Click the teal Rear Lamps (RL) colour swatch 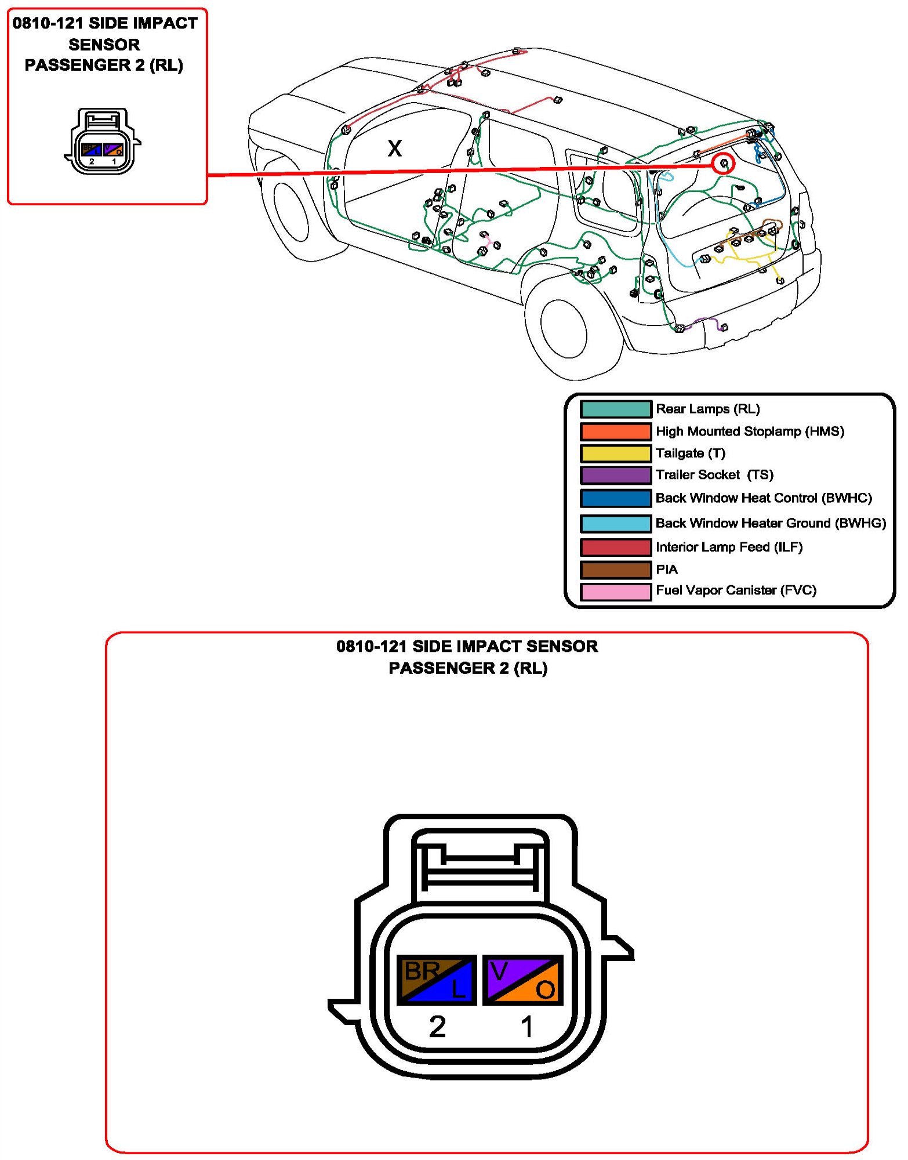pyautogui.click(x=616, y=409)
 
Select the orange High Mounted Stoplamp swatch pyautogui.click(x=616, y=432)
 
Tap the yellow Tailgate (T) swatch pyautogui.click(x=616, y=453)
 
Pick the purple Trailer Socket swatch pyautogui.click(x=616, y=475)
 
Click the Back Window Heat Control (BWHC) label pyautogui.click(x=764, y=498)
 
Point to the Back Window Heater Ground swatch pyautogui.click(x=616, y=523)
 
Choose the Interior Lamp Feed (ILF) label pyautogui.click(x=729, y=547)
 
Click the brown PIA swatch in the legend pyautogui.click(x=616, y=570)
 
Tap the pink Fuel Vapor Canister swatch pyautogui.click(x=616, y=592)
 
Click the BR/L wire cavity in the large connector pyautogui.click(x=437, y=980)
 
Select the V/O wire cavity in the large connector pyautogui.click(x=522, y=980)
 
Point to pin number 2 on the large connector pyautogui.click(x=437, y=1027)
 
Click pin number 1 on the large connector pyautogui.click(x=526, y=1027)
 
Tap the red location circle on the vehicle pyautogui.click(x=723, y=164)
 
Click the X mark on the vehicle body pyautogui.click(x=394, y=148)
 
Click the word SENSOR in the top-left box pyautogui.click(x=104, y=45)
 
